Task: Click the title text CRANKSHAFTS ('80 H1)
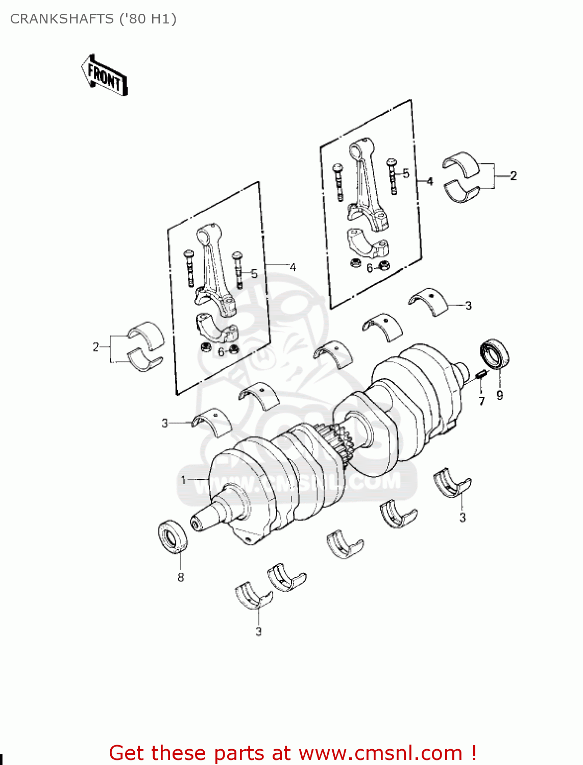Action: click(x=93, y=19)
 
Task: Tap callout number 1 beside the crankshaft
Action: click(x=184, y=479)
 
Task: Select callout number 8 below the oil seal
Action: click(x=181, y=577)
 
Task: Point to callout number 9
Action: click(x=499, y=395)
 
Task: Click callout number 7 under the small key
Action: click(x=481, y=401)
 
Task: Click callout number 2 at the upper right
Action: click(x=513, y=176)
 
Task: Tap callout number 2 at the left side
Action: click(x=95, y=347)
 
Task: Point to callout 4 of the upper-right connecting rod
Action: click(x=429, y=181)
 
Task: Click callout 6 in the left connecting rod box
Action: click(x=221, y=352)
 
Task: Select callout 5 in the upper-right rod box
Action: click(x=406, y=173)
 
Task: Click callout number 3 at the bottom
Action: click(x=259, y=631)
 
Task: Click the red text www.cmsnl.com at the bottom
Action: click(x=380, y=753)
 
